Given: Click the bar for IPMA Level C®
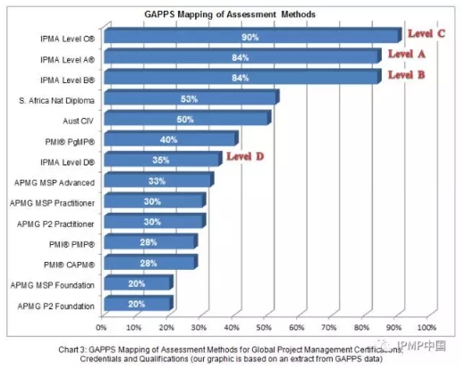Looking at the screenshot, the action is click(x=253, y=35).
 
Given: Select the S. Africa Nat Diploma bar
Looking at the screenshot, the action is click(x=191, y=97).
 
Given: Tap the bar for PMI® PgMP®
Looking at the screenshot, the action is click(x=171, y=138).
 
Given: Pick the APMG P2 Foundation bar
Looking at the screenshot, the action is click(x=139, y=303).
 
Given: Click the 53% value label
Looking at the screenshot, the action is click(x=189, y=99).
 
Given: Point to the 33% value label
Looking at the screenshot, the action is click(x=156, y=181).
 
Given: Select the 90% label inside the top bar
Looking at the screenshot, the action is click(x=250, y=38).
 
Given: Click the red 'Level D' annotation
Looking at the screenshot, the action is click(x=245, y=156).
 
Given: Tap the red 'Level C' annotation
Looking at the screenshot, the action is click(x=427, y=33).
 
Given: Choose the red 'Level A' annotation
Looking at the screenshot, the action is click(x=407, y=54).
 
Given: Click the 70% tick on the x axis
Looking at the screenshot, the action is click(x=329, y=327).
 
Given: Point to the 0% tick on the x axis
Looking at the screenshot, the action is click(x=101, y=327).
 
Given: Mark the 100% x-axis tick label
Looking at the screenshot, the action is click(x=427, y=327).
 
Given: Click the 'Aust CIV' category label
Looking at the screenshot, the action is click(x=78, y=121).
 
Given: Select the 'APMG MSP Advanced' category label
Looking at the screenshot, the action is click(x=55, y=182).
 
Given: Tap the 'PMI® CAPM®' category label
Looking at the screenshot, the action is click(x=69, y=265).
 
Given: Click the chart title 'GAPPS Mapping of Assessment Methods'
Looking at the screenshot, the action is click(x=230, y=14).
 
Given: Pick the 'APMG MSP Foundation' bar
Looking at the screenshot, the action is click(x=139, y=282).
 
